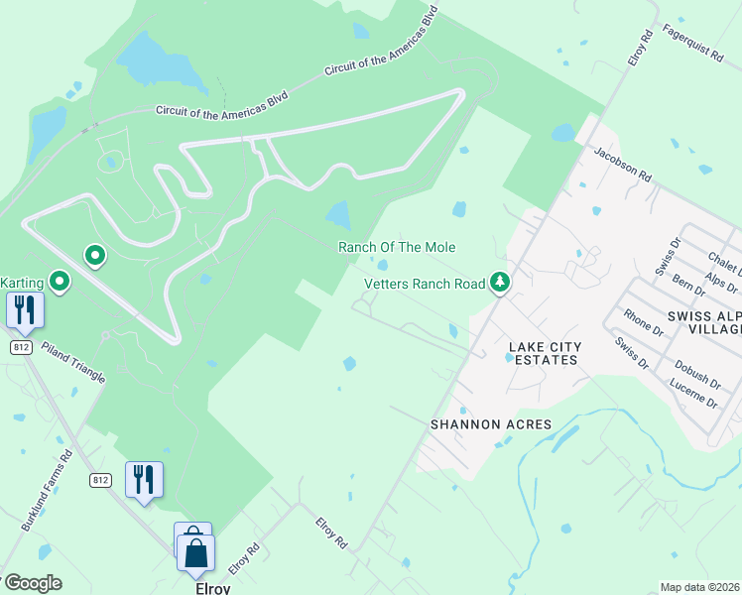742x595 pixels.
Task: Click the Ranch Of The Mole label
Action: pyautogui.click(x=397, y=247)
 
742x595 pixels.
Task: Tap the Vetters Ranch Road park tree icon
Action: pyautogui.click(x=501, y=284)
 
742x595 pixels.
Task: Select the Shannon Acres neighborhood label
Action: pyautogui.click(x=490, y=424)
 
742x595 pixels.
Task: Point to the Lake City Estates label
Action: pyautogui.click(x=543, y=353)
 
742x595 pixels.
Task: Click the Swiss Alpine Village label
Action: pyautogui.click(x=703, y=323)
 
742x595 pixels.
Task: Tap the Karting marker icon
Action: pyautogui.click(x=60, y=282)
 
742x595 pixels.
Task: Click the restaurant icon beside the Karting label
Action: pyautogui.click(x=25, y=309)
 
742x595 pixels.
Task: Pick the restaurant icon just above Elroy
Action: pyautogui.click(x=144, y=480)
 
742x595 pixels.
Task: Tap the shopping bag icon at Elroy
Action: pyautogui.click(x=195, y=551)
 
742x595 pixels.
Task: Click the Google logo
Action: pyautogui.click(x=32, y=583)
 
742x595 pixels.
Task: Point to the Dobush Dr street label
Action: pyautogui.click(x=694, y=371)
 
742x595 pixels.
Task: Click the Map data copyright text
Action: pyautogui.click(x=700, y=587)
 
